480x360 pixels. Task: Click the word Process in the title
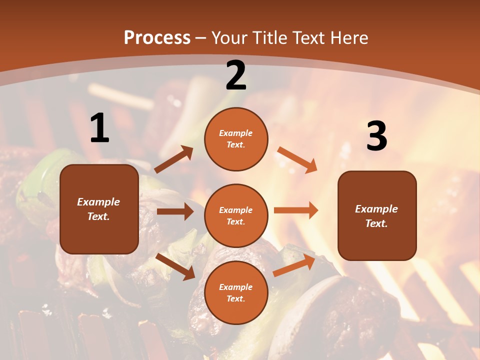click(x=157, y=37)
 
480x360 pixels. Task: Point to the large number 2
click(x=236, y=75)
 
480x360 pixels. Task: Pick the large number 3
click(x=376, y=136)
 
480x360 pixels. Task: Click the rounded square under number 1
click(x=99, y=209)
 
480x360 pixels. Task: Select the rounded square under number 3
click(x=377, y=215)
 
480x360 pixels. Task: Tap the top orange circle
click(x=236, y=139)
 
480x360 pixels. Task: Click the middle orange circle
click(x=236, y=215)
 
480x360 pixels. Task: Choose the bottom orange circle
click(x=236, y=292)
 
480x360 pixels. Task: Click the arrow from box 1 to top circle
click(x=174, y=159)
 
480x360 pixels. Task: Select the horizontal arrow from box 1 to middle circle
click(x=175, y=211)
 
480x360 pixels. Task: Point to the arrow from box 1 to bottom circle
click(x=175, y=266)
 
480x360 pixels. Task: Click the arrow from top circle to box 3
click(x=297, y=159)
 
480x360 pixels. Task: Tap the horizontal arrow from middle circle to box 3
click(x=296, y=210)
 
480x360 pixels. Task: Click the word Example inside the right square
click(x=376, y=209)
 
